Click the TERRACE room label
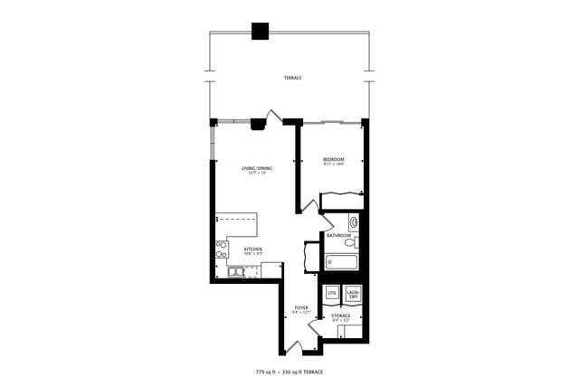[291, 79]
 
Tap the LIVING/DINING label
[257, 168]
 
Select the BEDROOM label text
[333, 159]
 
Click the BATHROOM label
[339, 235]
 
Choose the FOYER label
[302, 309]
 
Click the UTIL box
[332, 294]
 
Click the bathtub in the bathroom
[341, 261]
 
